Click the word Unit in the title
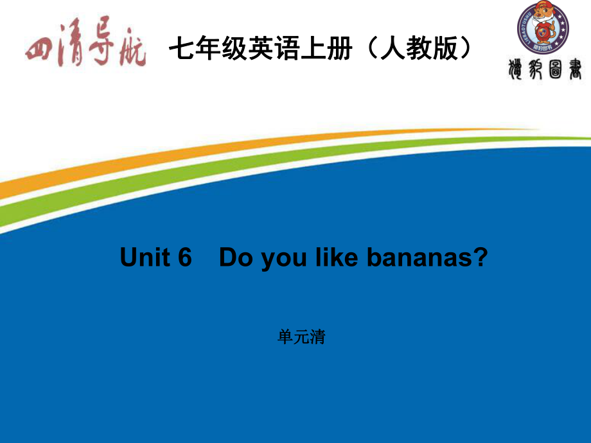pyautogui.click(x=145, y=257)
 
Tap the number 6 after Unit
pyautogui.click(x=185, y=257)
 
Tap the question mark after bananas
pyautogui.click(x=481, y=257)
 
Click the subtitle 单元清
pyautogui.click(x=302, y=337)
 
